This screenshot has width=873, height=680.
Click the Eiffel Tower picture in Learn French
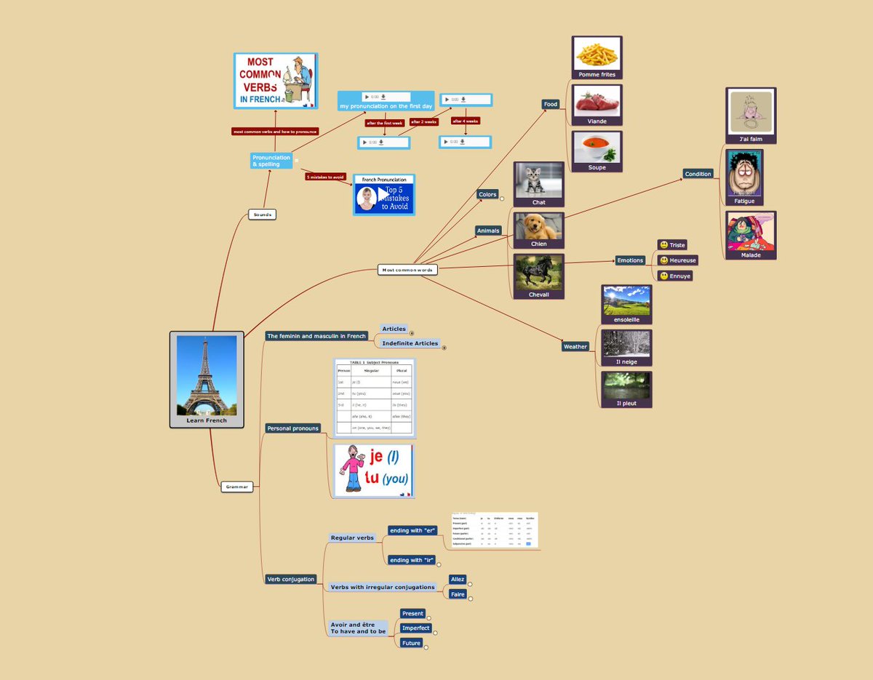tap(207, 375)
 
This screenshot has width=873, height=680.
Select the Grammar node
tap(237, 487)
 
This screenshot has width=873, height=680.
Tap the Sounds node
tap(263, 215)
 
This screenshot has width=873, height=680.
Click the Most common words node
tap(407, 270)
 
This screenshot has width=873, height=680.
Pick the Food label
tap(551, 104)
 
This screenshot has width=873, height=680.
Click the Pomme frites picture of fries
tap(597, 54)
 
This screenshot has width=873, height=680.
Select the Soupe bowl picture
tap(597, 148)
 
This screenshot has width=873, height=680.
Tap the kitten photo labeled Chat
tap(538, 180)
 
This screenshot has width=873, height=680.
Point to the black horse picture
tap(538, 272)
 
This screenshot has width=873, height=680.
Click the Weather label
tap(575, 346)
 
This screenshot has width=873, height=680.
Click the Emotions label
tap(630, 260)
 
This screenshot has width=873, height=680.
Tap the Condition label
tap(698, 174)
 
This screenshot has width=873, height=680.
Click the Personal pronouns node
tap(293, 428)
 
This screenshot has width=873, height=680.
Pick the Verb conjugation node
tap(291, 579)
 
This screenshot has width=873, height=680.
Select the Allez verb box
tap(457, 580)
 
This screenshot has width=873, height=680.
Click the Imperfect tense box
tap(416, 628)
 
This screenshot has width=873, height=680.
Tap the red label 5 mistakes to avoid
tap(325, 177)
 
